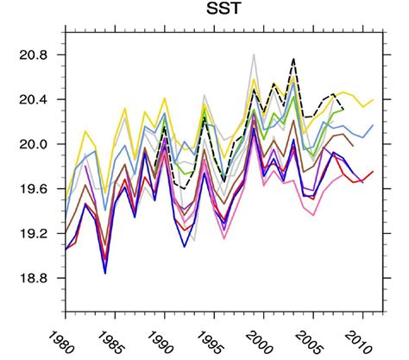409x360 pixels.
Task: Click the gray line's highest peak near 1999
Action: (254, 54)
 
